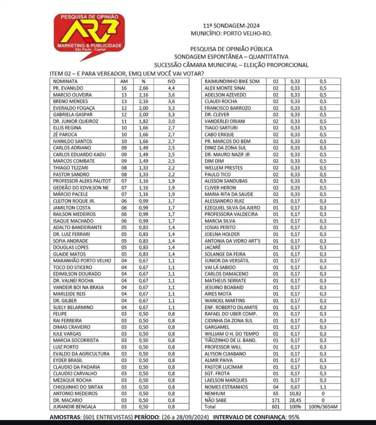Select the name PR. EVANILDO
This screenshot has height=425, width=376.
click(x=68, y=88)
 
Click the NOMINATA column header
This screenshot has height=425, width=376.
click(x=65, y=81)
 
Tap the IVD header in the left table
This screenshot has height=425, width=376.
click(x=171, y=81)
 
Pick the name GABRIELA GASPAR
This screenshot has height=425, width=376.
click(x=73, y=115)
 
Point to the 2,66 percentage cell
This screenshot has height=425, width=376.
click(x=144, y=88)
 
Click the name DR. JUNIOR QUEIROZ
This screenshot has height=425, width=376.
click(x=75, y=121)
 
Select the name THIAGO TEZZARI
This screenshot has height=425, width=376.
click(x=70, y=168)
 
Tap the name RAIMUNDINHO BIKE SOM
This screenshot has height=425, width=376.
click(x=232, y=81)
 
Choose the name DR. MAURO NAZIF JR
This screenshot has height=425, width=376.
click(x=227, y=154)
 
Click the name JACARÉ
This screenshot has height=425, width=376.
click(x=212, y=247)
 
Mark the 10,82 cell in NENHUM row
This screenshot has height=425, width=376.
click(x=295, y=393)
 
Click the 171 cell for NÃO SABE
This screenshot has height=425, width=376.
click(x=276, y=400)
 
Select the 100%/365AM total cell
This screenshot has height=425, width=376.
click(x=323, y=407)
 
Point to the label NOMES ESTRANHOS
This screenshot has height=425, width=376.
click(x=226, y=387)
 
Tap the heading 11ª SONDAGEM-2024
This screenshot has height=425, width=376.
click(x=231, y=26)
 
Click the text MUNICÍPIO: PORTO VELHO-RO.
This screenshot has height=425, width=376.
click(x=231, y=33)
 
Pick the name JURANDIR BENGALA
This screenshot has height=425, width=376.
click(x=74, y=407)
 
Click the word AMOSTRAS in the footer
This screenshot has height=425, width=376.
click(x=65, y=417)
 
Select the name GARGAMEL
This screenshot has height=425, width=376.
click(x=217, y=327)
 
